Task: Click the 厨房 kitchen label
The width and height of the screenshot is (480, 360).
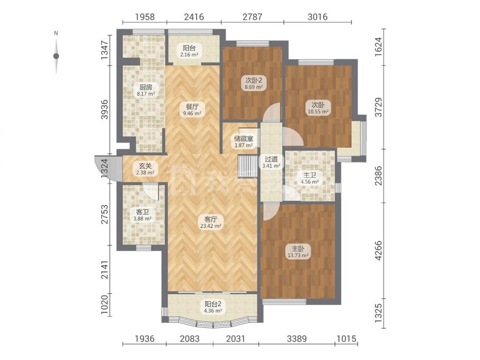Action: [x=145, y=90]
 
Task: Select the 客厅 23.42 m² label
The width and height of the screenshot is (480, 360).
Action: [x=211, y=222]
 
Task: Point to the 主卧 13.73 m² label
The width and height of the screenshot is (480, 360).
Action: [x=297, y=251]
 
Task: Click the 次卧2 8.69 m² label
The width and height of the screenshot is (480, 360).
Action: [x=253, y=83]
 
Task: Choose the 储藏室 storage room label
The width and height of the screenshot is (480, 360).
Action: [x=244, y=141]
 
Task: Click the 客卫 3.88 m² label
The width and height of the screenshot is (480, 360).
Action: [x=143, y=215]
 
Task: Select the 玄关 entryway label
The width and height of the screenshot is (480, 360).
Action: [x=145, y=169]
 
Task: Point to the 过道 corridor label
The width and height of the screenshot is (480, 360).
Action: [x=271, y=163]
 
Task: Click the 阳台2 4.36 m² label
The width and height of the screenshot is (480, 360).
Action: [x=213, y=307]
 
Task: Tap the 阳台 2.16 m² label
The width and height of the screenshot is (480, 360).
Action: [x=189, y=51]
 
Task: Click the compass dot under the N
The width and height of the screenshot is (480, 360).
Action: [x=56, y=56]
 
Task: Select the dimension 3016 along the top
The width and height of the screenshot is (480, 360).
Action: [x=317, y=16]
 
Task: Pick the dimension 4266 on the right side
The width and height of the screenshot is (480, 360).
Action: [x=379, y=250]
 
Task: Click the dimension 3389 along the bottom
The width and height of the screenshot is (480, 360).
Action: [x=297, y=339]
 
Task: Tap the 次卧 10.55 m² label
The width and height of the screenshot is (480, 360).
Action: [x=318, y=109]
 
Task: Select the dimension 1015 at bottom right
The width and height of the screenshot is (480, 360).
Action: [x=346, y=339]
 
